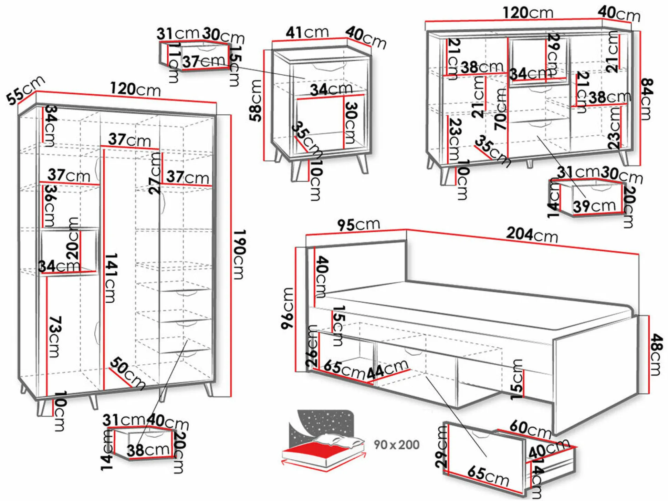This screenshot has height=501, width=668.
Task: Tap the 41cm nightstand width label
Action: point(307,32)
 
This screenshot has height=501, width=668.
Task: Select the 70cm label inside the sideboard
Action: point(501,109)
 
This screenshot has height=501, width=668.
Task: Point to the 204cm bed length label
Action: point(532,235)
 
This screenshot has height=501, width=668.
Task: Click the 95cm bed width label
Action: point(358,225)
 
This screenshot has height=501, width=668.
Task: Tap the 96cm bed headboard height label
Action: point(288,308)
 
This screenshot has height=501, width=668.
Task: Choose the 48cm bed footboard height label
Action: point(656,354)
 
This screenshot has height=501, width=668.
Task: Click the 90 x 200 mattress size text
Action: point(397,445)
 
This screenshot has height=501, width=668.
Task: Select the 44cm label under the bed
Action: point(387,369)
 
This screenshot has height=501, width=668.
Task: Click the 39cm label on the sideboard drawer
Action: point(594,206)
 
